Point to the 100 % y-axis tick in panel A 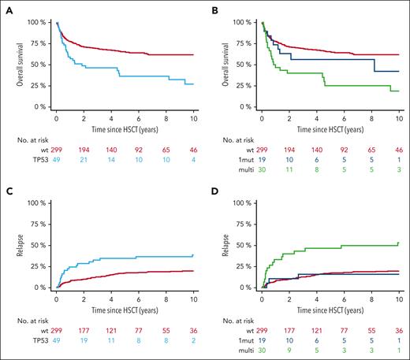coord(35,21)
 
